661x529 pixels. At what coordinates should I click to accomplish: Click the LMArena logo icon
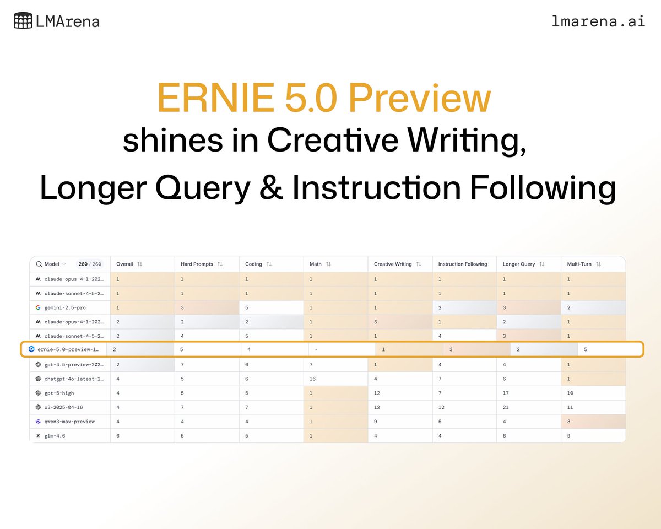pyautogui.click(x=23, y=21)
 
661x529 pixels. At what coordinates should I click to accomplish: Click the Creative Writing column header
pyautogui.click(x=393, y=264)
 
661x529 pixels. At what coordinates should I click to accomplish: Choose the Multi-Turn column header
pyautogui.click(x=579, y=264)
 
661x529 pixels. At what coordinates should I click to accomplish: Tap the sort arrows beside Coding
pyautogui.click(x=269, y=264)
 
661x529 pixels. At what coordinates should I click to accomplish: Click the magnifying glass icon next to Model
pyautogui.click(x=39, y=264)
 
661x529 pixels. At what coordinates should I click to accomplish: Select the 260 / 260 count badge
pyautogui.click(x=90, y=264)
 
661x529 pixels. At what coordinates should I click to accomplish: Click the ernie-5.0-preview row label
pyautogui.click(x=68, y=349)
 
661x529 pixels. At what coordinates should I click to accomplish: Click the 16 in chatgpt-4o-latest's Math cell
pyautogui.click(x=313, y=379)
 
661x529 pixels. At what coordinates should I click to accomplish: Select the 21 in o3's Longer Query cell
pyautogui.click(x=506, y=407)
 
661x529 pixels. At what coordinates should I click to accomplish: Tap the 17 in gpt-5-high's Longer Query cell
pyautogui.click(x=506, y=393)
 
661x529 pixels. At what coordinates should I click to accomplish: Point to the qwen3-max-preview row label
pyautogui.click(x=69, y=422)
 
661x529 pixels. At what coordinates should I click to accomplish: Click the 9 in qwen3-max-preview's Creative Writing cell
pyautogui.click(x=376, y=422)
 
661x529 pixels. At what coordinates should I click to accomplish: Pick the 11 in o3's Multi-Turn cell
pyautogui.click(x=570, y=407)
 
